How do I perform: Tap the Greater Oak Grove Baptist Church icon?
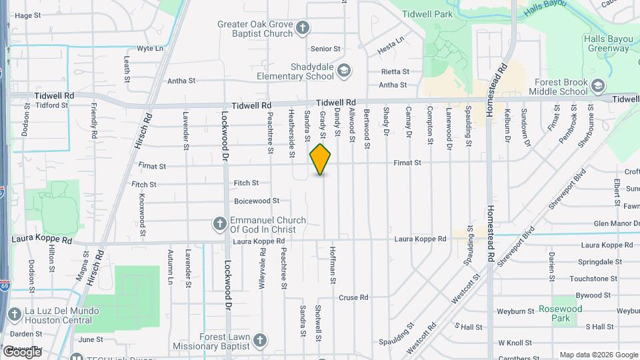[x=303, y=27]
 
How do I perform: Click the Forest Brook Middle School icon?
[x=598, y=86]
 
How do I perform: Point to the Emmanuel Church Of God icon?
[x=219, y=223]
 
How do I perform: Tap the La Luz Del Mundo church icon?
[x=14, y=314]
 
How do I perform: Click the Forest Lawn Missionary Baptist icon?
[x=259, y=341]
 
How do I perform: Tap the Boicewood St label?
[x=257, y=201]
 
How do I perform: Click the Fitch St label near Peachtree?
[x=246, y=183]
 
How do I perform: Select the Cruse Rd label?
[x=353, y=297]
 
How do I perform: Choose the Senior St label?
[x=325, y=49]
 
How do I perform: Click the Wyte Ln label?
[x=150, y=49]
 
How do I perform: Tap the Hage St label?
[x=27, y=15]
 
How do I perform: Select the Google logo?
[x=21, y=351]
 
